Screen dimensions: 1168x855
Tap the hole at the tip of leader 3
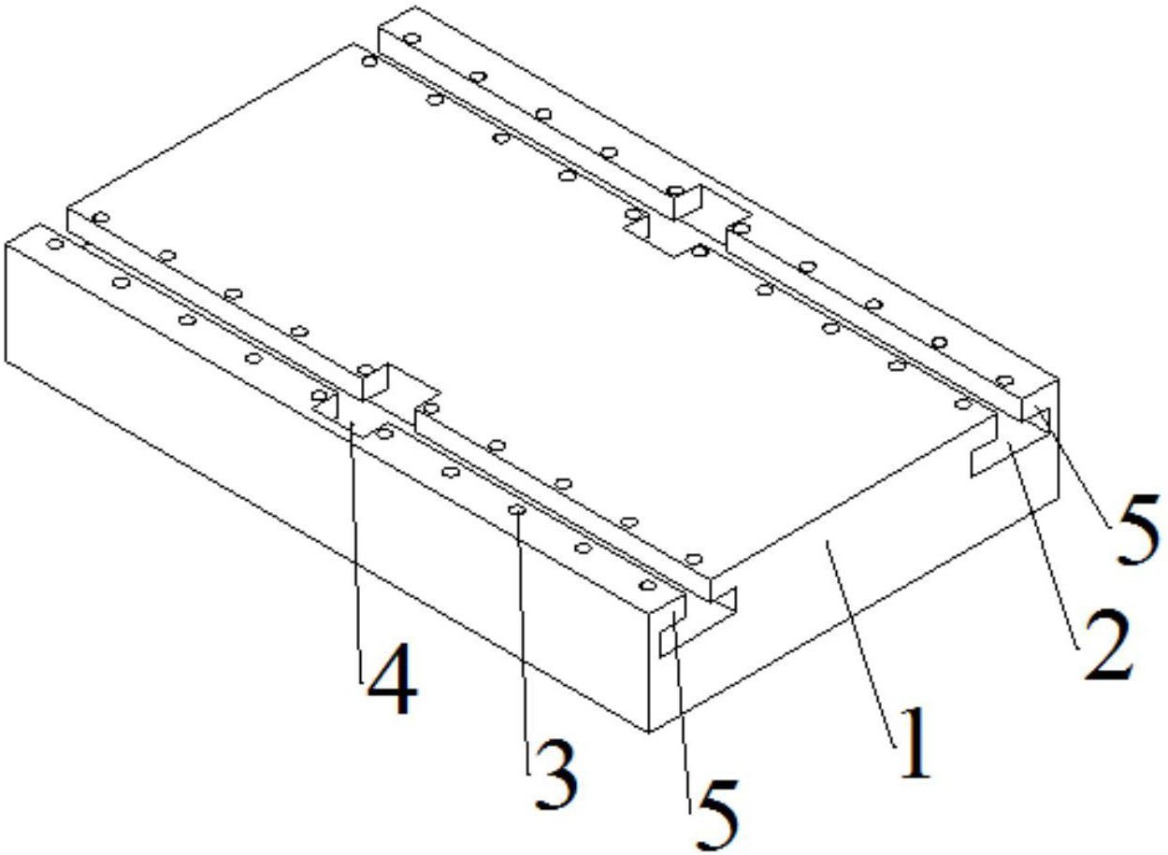pos(517,509)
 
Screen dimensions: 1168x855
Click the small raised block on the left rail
pos(373,382)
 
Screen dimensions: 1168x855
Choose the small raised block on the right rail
pos(685,202)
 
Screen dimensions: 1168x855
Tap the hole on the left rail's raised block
pos(366,370)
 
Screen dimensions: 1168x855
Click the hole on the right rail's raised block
pos(676,191)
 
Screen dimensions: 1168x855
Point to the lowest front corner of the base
pos(648,732)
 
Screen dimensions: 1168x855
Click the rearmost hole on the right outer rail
pos(412,38)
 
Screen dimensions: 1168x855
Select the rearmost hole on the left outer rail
pos(55,244)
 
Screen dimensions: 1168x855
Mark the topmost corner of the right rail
pos(415,7)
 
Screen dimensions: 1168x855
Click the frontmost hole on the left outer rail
pos(648,585)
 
